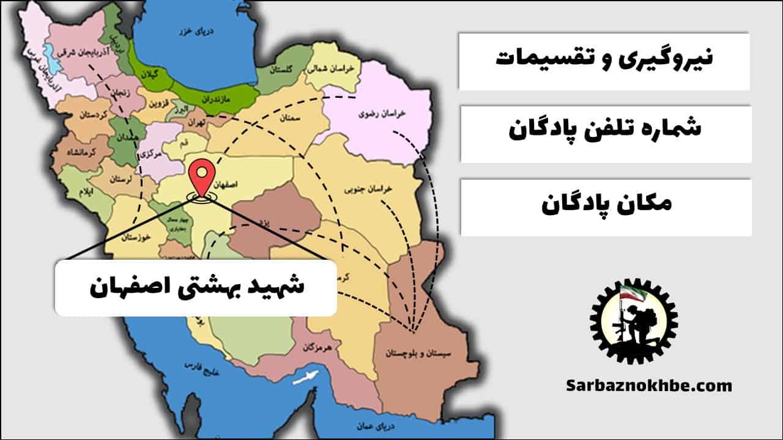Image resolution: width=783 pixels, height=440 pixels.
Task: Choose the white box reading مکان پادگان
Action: [606, 207]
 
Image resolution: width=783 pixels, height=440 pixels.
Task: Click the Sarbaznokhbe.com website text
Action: [649, 386]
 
